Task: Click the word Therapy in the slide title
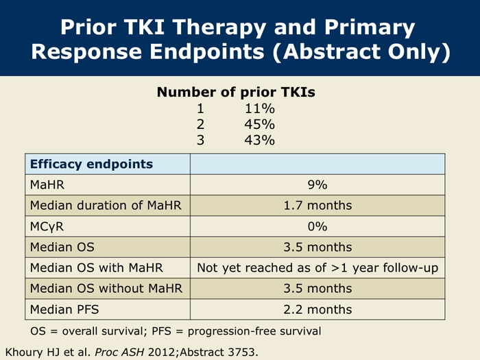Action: [219, 27]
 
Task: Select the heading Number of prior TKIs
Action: [236, 92]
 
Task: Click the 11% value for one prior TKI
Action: [260, 108]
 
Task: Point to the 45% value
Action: [260, 124]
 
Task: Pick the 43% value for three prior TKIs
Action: [260, 140]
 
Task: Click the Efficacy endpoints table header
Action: [91, 164]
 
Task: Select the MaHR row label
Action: [47, 185]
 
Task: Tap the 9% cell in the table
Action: [317, 185]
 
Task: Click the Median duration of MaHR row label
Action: [106, 206]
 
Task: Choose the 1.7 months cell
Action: [317, 206]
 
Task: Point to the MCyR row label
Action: [47, 227]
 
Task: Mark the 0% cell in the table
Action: [317, 226]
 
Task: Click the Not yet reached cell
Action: [317, 268]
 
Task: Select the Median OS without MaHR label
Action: [106, 289]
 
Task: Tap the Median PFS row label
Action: [64, 309]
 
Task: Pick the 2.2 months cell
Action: [317, 309]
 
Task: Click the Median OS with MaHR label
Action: [96, 268]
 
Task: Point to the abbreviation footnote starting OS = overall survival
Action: [176, 331]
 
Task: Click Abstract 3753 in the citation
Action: [219, 352]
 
